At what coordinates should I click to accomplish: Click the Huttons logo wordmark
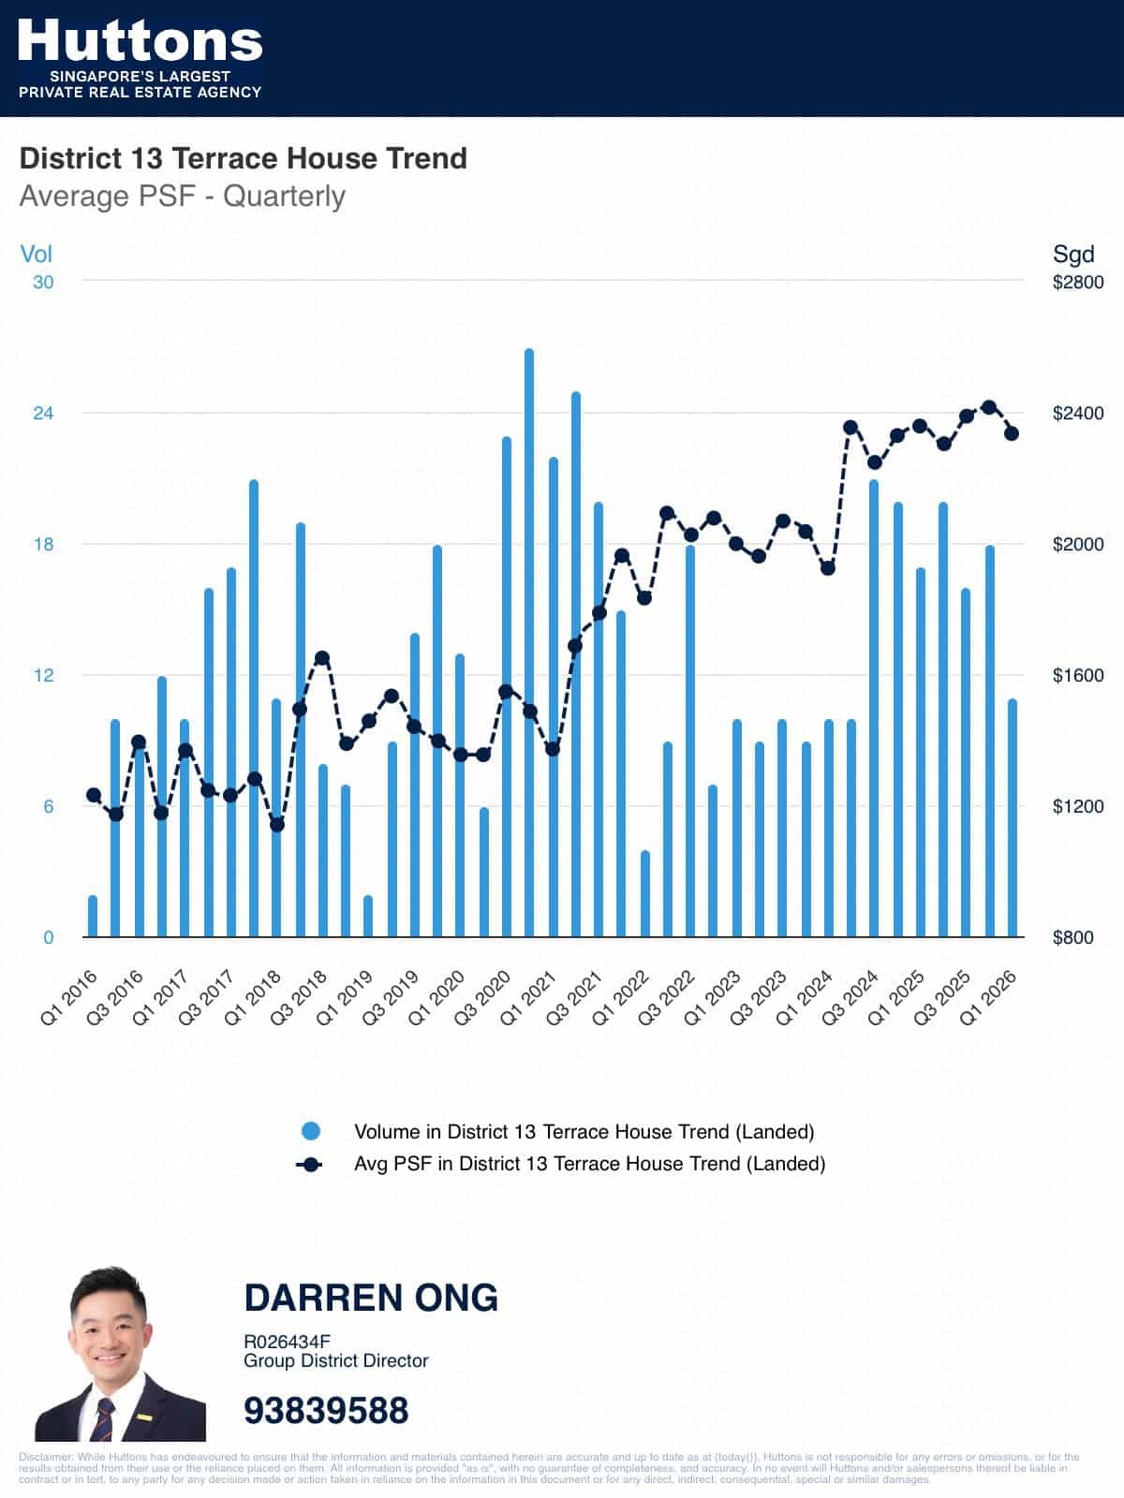coord(140,41)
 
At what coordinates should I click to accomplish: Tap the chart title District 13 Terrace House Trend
coord(243,158)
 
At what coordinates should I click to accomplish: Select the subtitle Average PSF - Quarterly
coord(182,197)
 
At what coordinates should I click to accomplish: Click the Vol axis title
coord(37,254)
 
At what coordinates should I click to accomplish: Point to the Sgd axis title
coord(1073,254)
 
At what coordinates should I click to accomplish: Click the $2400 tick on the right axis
coord(1078,413)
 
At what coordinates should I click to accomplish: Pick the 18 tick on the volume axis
coord(43,544)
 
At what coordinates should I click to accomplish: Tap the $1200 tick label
coord(1078,806)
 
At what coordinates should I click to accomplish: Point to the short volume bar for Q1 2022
coord(644,893)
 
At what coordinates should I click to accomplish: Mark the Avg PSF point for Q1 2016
coord(93,796)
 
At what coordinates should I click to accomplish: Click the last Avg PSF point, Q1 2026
coord(1012,433)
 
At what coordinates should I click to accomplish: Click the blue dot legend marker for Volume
coord(311,1131)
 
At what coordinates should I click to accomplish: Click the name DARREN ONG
coord(371,1298)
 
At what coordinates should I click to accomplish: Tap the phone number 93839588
coord(326,1410)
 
